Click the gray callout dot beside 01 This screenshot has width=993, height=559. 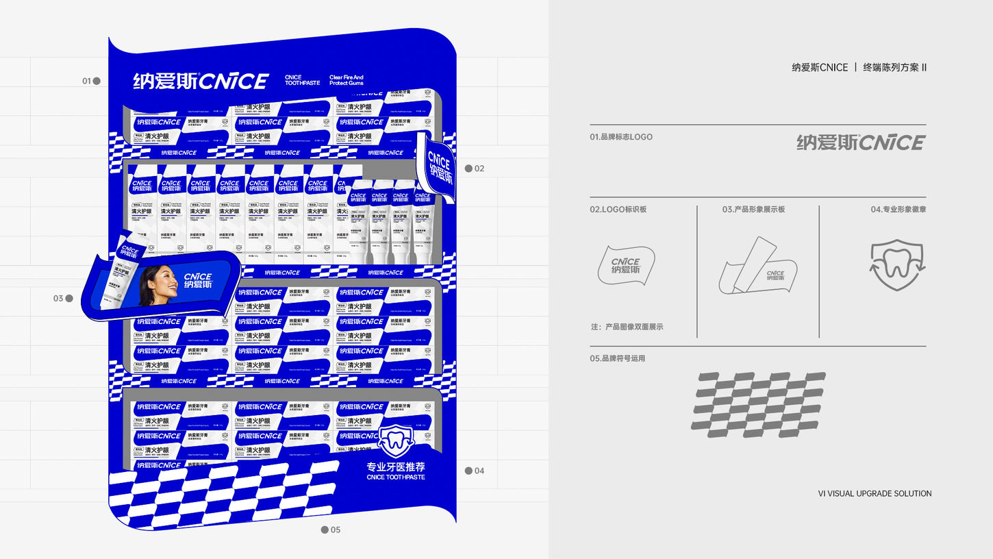[97, 81]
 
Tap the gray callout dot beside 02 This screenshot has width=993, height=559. [468, 169]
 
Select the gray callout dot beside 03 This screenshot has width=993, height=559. [69, 299]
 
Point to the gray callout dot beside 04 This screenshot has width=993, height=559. [468, 471]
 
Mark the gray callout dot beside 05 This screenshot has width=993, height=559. [325, 530]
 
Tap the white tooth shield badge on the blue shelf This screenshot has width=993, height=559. [395, 439]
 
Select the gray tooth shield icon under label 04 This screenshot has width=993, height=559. [897, 264]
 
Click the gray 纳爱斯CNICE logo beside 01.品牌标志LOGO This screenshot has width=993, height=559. [861, 142]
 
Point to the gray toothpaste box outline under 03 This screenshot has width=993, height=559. [757, 267]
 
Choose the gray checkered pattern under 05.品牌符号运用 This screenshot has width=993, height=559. [757, 404]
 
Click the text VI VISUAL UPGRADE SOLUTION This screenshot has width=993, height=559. [875, 493]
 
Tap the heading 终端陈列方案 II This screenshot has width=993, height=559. [894, 67]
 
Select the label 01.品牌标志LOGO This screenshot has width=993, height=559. [621, 137]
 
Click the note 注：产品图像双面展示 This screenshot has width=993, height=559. [627, 327]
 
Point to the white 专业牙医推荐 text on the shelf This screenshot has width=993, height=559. [396, 467]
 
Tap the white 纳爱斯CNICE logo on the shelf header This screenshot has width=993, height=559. [200, 82]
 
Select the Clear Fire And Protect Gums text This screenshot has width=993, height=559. [347, 81]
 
